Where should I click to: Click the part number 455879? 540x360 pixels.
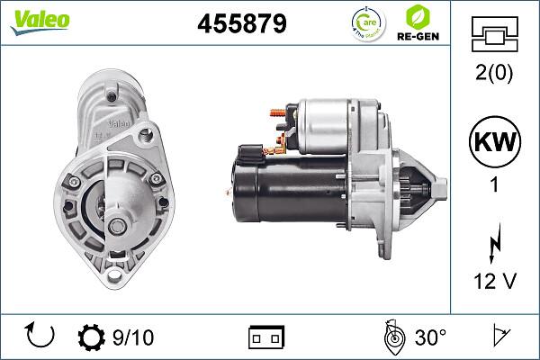pyautogui.click(x=241, y=24)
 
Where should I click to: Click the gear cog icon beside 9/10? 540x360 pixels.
pyautogui.click(x=93, y=337)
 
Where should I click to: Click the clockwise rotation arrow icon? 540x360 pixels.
pyautogui.click(x=40, y=337)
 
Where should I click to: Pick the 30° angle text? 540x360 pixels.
pyautogui.click(x=430, y=337)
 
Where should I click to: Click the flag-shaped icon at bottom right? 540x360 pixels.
pyautogui.click(x=497, y=337)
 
